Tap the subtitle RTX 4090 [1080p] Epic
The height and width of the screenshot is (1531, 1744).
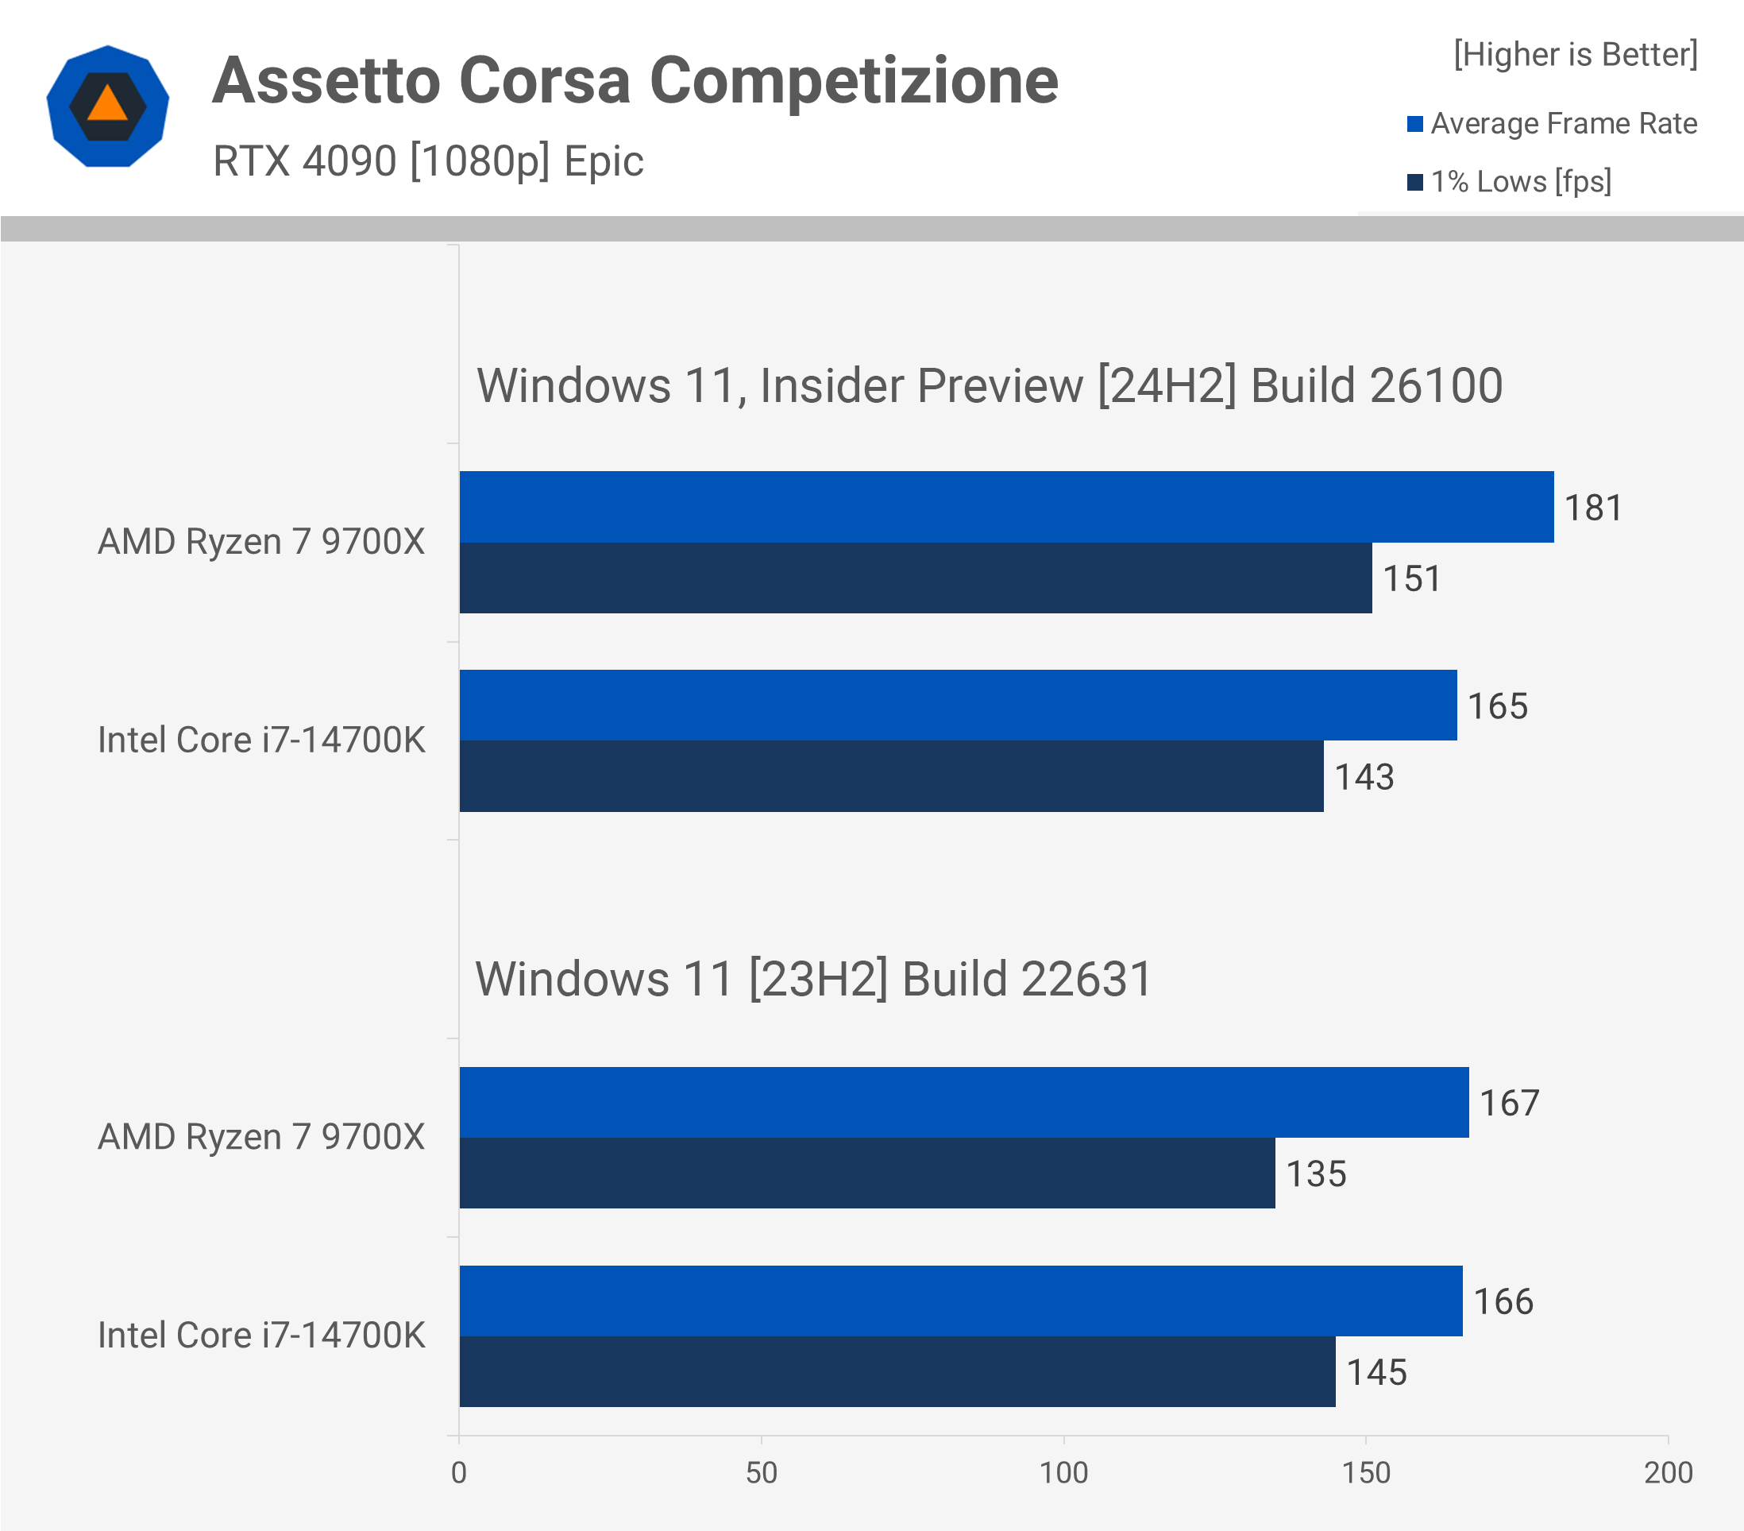427,161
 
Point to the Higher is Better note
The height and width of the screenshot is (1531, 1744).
1575,55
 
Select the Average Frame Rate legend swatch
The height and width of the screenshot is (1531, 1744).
1414,125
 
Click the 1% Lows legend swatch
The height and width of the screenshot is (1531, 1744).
1414,183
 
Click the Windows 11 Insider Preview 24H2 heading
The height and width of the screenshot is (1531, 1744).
989,386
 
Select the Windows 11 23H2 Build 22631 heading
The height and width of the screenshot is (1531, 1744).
813,979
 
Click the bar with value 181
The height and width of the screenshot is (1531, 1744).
1006,507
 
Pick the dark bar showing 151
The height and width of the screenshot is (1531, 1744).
916,578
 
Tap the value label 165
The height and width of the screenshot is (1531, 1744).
1498,706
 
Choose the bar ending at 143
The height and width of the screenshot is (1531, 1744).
891,776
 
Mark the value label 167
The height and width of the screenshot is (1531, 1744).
1510,1104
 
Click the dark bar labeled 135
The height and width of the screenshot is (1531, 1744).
867,1173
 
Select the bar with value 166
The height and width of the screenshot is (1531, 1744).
961,1301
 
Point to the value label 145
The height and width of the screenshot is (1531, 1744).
1376,1372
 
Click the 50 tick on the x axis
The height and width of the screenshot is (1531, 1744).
761,1473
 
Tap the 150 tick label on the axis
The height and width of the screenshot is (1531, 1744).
1366,1473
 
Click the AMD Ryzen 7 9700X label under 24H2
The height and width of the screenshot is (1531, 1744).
261,542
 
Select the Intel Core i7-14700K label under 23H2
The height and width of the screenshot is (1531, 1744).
261,1336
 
